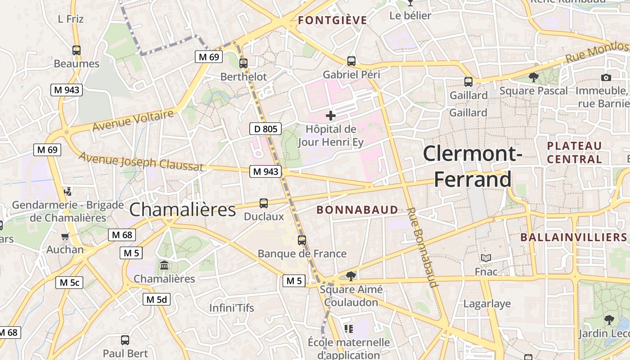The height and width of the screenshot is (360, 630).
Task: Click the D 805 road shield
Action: pyautogui.click(x=265, y=129)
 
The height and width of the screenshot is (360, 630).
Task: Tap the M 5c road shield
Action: pyautogui.click(x=69, y=283)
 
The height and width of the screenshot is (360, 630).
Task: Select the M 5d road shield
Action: pyautogui.click(x=157, y=299)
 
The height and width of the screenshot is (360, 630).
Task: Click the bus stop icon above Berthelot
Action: pyautogui.click(x=243, y=63)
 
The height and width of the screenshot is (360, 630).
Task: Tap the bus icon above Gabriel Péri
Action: pyautogui.click(x=351, y=61)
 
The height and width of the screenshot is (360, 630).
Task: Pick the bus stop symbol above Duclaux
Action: pyautogui.click(x=264, y=203)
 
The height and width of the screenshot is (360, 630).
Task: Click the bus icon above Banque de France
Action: pyautogui.click(x=302, y=240)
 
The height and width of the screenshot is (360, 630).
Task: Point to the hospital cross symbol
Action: pyautogui.click(x=331, y=116)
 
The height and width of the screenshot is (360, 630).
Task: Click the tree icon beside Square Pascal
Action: pyautogui.click(x=534, y=77)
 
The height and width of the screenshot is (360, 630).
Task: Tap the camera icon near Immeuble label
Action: pyautogui.click(x=606, y=77)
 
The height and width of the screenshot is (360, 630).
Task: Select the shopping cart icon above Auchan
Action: pyautogui.click(x=65, y=236)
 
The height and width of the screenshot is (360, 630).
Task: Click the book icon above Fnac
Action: pyautogui.click(x=486, y=258)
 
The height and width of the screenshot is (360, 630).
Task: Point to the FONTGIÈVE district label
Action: pyautogui.click(x=333, y=20)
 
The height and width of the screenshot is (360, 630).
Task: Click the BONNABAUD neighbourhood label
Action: pyautogui.click(x=357, y=210)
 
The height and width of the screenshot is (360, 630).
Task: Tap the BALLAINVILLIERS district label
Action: pyautogui.click(x=574, y=237)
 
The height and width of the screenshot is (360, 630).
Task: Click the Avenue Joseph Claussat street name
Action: pyautogui.click(x=141, y=162)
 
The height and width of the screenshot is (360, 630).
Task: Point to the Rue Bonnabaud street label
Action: pyautogui.click(x=423, y=247)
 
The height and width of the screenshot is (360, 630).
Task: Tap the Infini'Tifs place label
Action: pyautogui.click(x=232, y=308)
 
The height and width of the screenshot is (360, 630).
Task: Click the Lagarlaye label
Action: pyautogui.click(x=487, y=304)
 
